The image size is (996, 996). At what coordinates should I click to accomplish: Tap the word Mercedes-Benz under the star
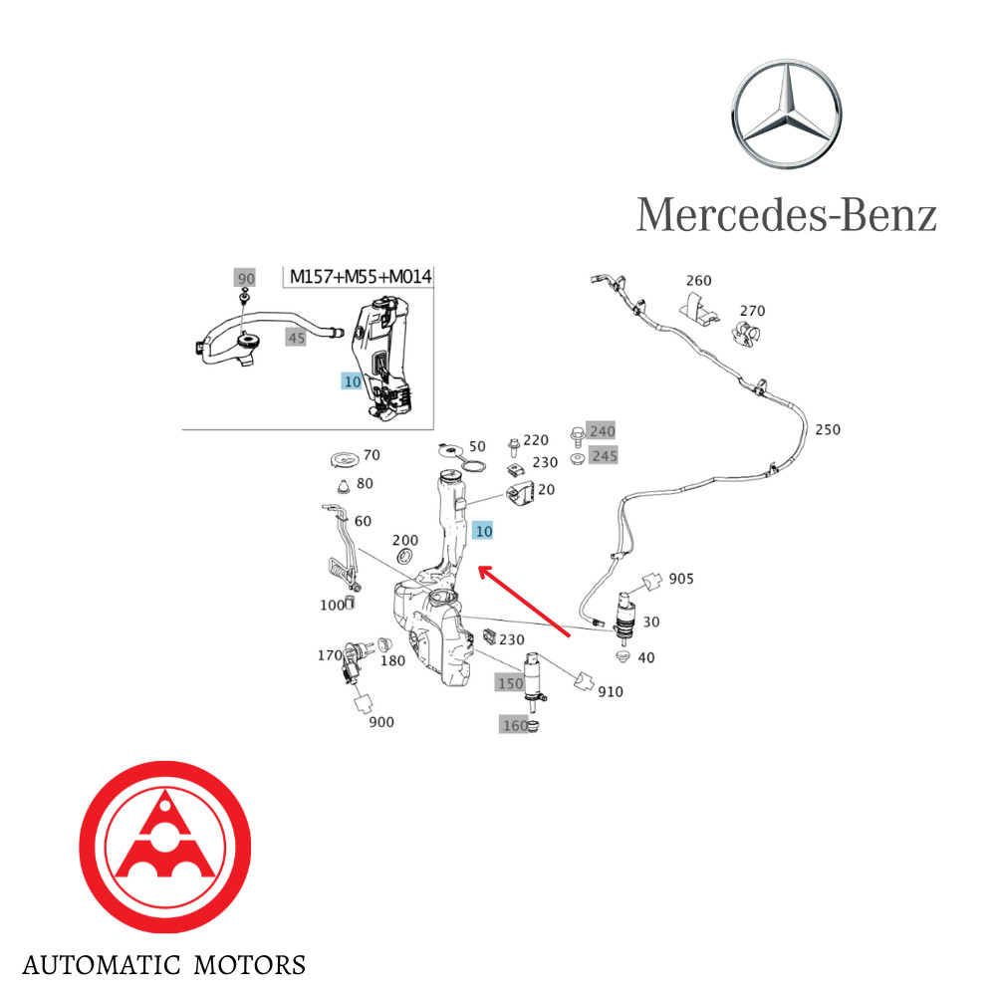coord(787,214)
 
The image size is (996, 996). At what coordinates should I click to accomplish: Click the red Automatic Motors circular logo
coord(164,847)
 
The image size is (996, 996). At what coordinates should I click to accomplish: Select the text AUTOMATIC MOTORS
coord(164,965)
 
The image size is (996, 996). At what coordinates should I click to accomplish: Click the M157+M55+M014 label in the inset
coord(360,276)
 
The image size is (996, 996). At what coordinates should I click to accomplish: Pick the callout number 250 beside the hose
coord(828,430)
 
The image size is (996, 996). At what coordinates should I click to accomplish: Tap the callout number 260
coord(699,281)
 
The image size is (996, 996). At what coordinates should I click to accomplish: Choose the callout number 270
coord(752,310)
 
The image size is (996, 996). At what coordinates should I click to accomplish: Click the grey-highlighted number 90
coord(245,278)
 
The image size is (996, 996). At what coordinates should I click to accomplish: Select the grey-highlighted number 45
coord(296,338)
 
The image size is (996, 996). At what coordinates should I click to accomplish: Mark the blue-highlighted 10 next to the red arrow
coord(484,531)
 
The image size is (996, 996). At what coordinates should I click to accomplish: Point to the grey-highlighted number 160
coord(515,725)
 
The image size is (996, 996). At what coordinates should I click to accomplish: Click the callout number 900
coord(381,721)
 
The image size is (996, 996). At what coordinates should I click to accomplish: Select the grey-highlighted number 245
coord(604,456)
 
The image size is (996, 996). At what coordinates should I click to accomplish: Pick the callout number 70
coord(372,455)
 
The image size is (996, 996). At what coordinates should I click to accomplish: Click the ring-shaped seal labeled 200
coord(406,554)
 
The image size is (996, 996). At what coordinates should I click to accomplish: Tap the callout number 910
coord(611,691)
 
